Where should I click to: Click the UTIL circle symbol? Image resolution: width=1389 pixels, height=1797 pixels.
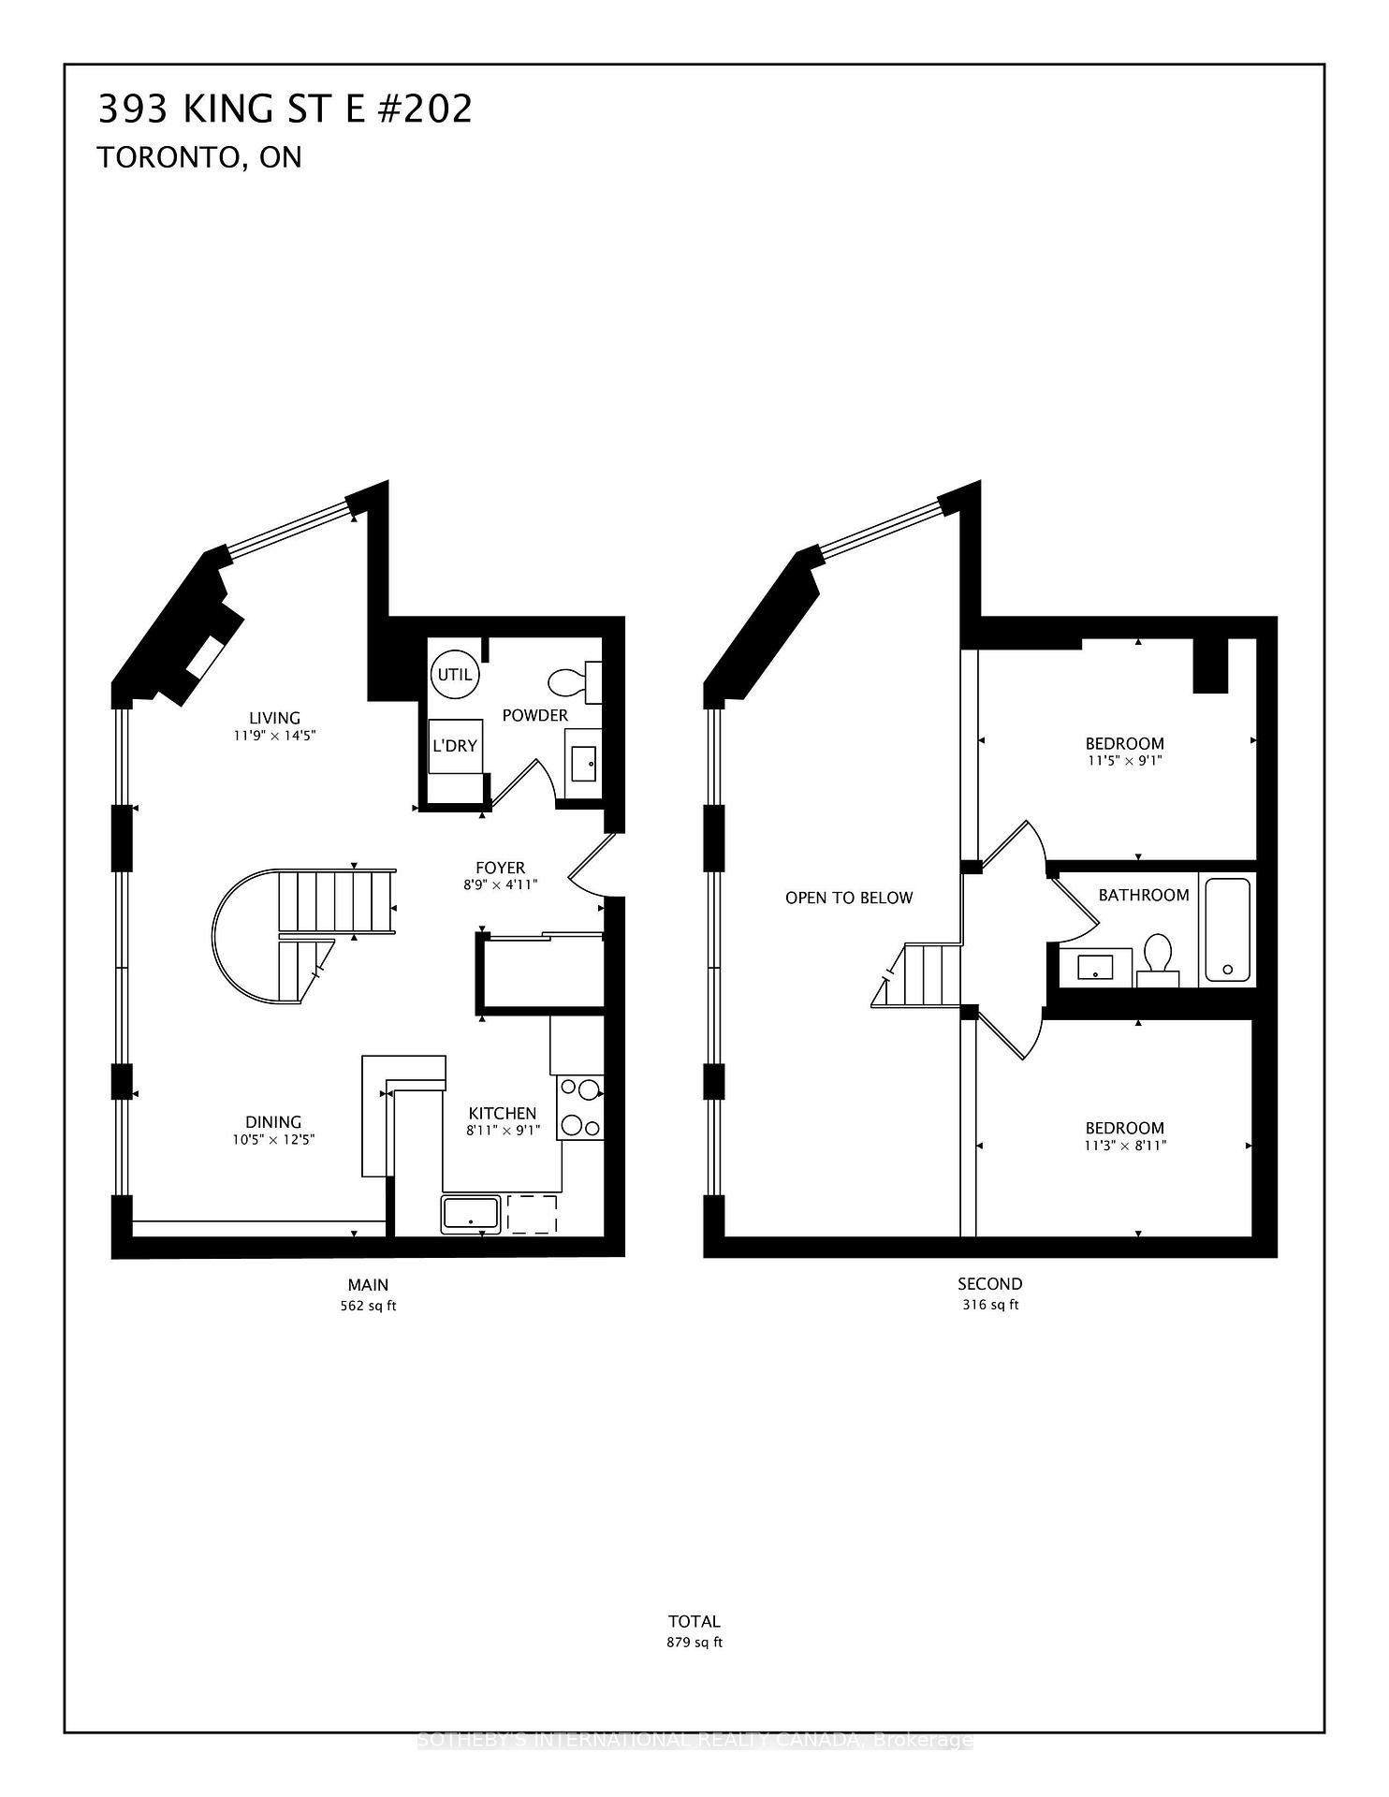[x=455, y=674]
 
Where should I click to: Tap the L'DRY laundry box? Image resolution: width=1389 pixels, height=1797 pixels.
[x=455, y=746]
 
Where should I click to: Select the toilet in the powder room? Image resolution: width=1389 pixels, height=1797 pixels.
[x=571, y=681]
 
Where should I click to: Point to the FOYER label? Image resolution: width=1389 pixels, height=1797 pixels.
[x=501, y=868]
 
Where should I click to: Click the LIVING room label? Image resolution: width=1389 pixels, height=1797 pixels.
[x=275, y=718]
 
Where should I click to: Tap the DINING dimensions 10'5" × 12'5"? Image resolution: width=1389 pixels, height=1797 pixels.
[x=273, y=1139]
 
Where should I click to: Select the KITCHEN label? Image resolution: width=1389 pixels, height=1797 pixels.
[x=503, y=1113]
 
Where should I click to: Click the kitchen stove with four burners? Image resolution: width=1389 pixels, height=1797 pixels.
[x=580, y=1108]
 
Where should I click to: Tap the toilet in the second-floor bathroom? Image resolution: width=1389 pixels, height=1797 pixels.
[x=1158, y=958]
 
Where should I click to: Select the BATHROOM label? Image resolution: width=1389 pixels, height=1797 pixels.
[x=1144, y=895]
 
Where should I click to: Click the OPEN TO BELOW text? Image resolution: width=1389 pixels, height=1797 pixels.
[x=849, y=898]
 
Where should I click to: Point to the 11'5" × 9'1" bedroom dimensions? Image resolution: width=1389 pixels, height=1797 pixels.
[x=1124, y=761]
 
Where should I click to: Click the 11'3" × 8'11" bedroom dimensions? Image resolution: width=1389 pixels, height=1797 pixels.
[x=1124, y=1145]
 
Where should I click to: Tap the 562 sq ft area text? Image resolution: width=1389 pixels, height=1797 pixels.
[x=368, y=1306]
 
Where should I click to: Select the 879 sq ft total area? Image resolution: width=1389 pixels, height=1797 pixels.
[x=694, y=1642]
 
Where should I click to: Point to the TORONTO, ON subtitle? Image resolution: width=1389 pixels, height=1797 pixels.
[x=199, y=157]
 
